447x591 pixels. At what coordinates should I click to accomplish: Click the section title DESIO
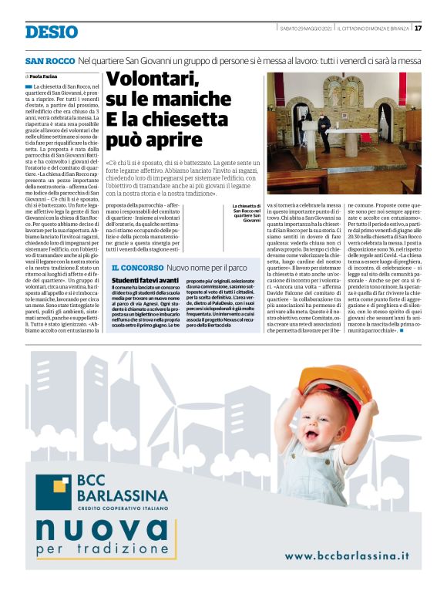coord(51,32)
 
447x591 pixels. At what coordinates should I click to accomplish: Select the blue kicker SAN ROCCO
coord(49,60)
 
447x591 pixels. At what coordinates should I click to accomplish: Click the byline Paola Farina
coord(45,76)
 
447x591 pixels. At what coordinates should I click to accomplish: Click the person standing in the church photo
coord(324,131)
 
